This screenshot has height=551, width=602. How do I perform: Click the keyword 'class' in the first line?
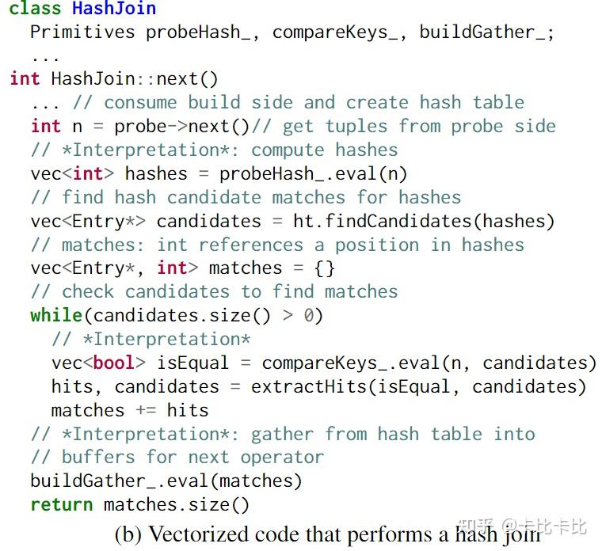pos(36,9)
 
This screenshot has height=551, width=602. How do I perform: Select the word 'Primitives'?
pos(82,32)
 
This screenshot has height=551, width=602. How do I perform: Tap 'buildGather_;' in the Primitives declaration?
pos(487,32)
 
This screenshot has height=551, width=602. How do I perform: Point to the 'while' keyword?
pos(56,315)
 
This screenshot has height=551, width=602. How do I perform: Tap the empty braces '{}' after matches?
pos(325,268)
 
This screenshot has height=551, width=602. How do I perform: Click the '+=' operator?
pos(146,410)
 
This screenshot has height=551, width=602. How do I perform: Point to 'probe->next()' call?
pos(182,127)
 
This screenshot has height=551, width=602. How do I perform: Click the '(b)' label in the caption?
pos(128,534)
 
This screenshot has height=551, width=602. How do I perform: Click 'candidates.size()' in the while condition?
pos(182,316)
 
